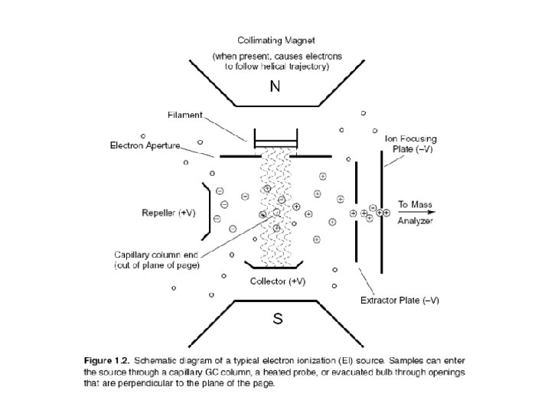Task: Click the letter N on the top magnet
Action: click(275, 87)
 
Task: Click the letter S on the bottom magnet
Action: click(278, 320)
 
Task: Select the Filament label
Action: click(186, 115)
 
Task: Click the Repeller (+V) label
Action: click(169, 213)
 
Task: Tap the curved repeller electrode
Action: click(205, 209)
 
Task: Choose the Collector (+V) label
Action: click(278, 281)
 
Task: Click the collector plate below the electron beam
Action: click(275, 265)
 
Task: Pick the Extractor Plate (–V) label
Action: click(399, 300)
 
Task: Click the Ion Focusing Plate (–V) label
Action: click(410, 144)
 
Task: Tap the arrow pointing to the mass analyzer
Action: click(424, 212)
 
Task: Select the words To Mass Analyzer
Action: click(415, 213)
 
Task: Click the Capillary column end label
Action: click(157, 259)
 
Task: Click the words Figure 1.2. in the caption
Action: click(107, 359)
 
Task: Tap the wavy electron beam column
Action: click(275, 206)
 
